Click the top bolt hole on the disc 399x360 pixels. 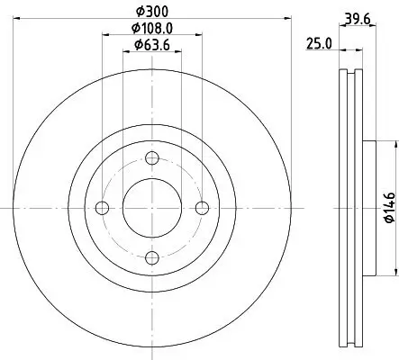click(x=151, y=157)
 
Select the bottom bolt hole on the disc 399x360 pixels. click(x=151, y=258)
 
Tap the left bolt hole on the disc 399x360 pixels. click(x=102, y=208)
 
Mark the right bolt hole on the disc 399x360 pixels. click(x=202, y=208)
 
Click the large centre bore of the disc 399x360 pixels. click(x=151, y=208)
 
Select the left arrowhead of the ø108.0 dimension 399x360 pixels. click(x=104, y=34)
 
